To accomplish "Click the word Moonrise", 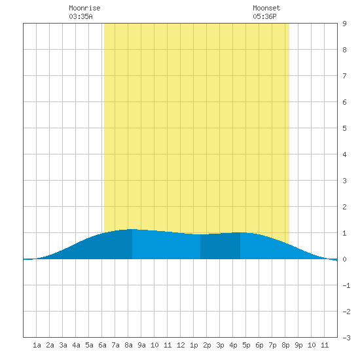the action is point(84,8).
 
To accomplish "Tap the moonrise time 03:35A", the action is point(81,16).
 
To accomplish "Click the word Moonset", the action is point(266,8).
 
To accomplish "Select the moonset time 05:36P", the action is point(264,16).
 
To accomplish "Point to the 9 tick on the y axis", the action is point(344,24).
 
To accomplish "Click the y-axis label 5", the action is point(344,128).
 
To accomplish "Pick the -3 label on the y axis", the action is point(346,338).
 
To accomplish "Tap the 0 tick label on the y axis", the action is point(344,259).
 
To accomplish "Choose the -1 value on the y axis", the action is point(346,285).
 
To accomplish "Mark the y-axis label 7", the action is point(344,76).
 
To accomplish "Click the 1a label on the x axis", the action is point(37,345).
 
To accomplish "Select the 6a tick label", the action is point(102,345).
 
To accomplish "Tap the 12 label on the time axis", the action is point(181,345).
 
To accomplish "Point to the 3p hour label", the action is point(220,345).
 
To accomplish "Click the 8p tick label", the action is point(285,345).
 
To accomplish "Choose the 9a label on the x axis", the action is point(141,345).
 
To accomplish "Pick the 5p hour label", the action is point(246,345).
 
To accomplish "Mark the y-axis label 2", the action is point(344,207).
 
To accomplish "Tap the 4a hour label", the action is point(76,345).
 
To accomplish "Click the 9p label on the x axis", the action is point(298,345).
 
